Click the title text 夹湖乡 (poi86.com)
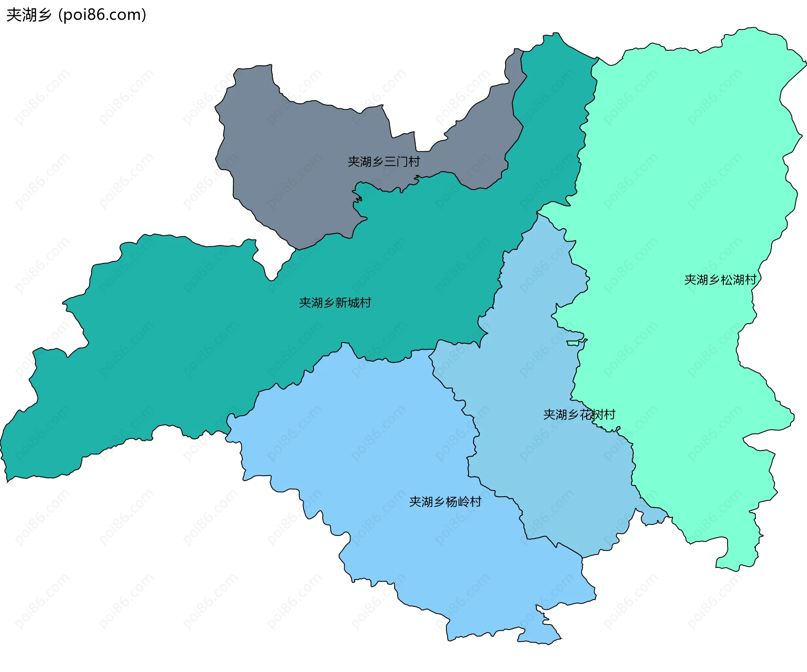tap(76, 15)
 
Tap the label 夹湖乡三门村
tap(383, 161)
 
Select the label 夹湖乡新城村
tap(335, 303)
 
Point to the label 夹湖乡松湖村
tap(720, 279)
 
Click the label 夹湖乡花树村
tap(579, 414)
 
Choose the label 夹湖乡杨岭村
tap(445, 501)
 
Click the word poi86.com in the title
tap(102, 15)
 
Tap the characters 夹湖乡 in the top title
tap(29, 15)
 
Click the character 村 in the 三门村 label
tap(414, 161)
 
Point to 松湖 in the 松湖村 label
tap(732, 279)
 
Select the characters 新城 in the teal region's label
tap(347, 303)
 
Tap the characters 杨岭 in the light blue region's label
tap(457, 501)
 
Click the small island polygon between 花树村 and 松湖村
tap(573, 343)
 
